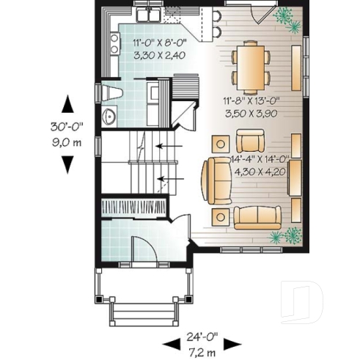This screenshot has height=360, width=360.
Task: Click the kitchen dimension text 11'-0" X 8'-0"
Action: coord(158,43)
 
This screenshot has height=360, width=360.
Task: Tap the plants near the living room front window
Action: coord(287,235)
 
